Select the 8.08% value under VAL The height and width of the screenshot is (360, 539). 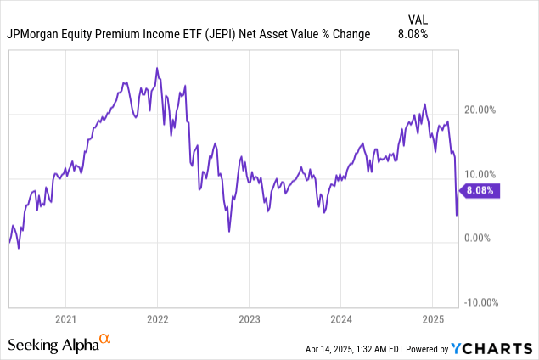(x=413, y=35)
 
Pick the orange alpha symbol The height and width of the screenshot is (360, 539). (x=105, y=340)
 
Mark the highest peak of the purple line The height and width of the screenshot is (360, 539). (x=157, y=68)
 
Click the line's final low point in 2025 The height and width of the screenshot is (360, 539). (x=457, y=215)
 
